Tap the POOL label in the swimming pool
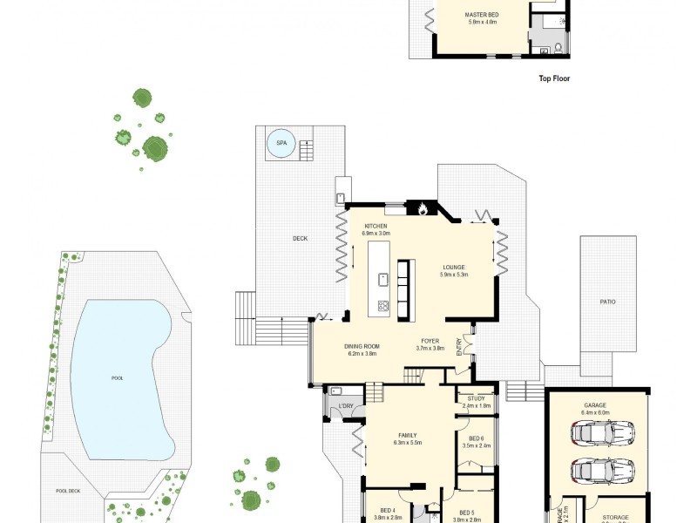click(118, 379)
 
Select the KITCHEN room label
click(376, 227)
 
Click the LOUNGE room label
click(453, 268)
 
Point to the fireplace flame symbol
click(423, 208)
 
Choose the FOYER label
click(430, 341)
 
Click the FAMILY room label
click(408, 435)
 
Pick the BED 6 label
click(477, 438)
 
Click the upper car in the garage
click(602, 431)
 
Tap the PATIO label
click(607, 302)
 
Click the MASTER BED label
click(480, 15)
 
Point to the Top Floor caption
click(554, 78)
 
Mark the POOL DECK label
click(68, 491)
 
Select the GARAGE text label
click(596, 405)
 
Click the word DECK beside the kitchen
click(300, 237)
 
